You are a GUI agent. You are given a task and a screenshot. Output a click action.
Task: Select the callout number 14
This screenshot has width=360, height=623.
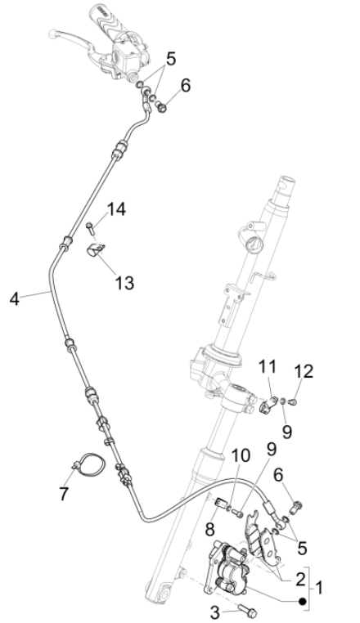(116, 209)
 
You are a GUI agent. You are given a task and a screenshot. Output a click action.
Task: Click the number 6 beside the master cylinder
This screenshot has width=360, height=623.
(185, 84)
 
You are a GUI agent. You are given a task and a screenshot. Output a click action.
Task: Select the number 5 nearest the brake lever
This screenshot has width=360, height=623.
(169, 59)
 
